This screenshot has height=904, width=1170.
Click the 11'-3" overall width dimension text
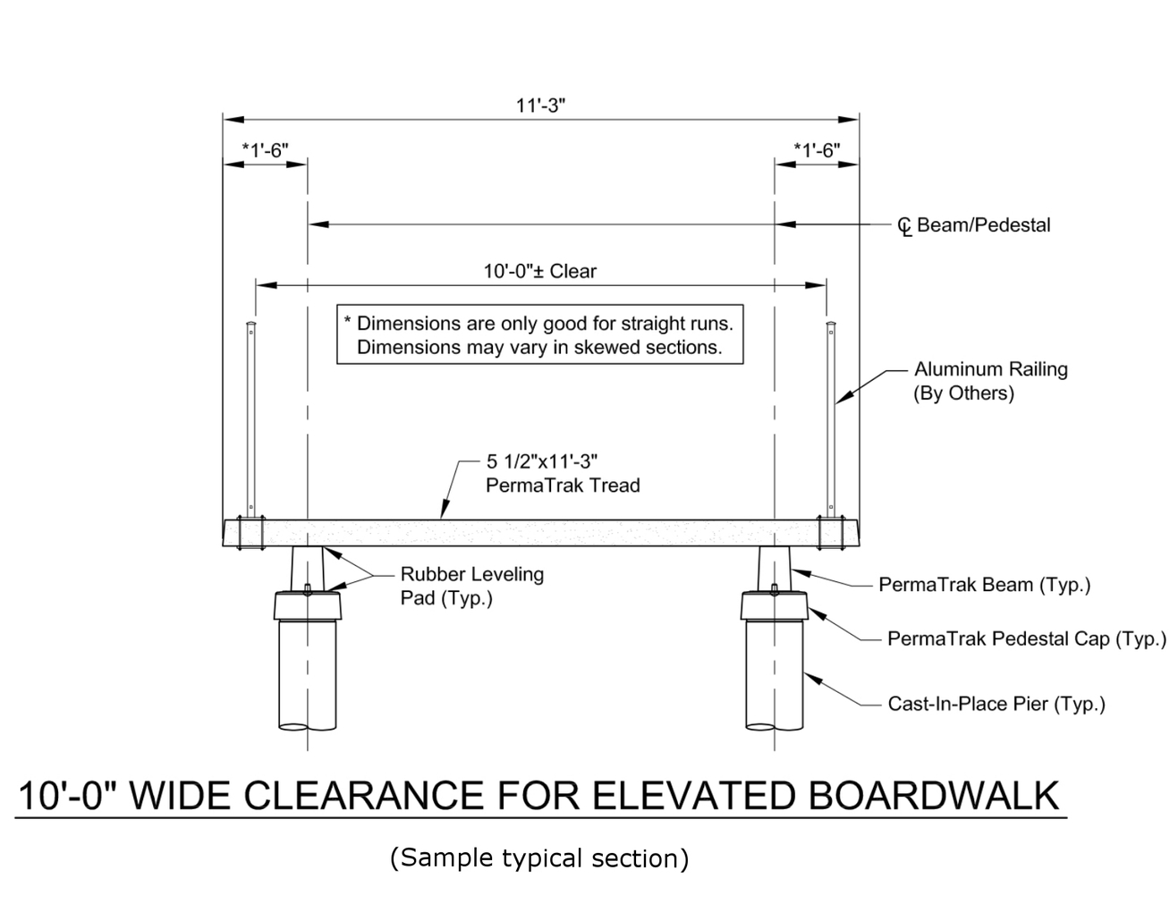[540, 105]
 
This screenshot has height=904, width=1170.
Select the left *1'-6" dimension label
[265, 150]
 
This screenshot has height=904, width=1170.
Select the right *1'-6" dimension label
[817, 150]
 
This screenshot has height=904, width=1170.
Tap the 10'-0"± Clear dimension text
[540, 271]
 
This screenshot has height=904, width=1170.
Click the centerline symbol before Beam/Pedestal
[904, 226]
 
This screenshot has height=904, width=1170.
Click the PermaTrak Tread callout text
[563, 474]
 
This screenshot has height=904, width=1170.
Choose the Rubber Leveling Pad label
[471, 586]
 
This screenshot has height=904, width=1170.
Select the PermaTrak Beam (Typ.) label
[984, 585]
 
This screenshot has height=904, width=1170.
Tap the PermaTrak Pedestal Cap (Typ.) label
[1026, 638]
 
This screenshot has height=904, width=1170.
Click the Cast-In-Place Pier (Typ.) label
[996, 704]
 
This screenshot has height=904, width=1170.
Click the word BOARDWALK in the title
[934, 795]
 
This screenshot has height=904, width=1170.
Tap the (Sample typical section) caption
[539, 858]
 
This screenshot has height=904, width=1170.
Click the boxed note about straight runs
[540, 335]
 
